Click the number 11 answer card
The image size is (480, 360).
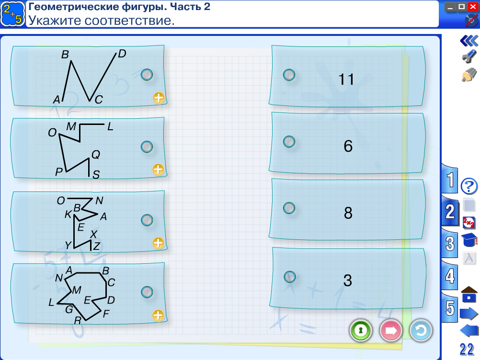click(x=347, y=77)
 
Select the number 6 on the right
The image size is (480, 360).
click(x=348, y=146)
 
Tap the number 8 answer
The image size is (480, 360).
click(x=348, y=213)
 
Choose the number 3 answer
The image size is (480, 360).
click(x=348, y=280)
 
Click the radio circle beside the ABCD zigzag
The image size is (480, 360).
click(x=147, y=75)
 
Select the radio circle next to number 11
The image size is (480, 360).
click(x=289, y=75)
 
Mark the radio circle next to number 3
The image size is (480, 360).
click(x=290, y=277)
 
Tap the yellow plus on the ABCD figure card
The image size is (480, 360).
click(x=159, y=98)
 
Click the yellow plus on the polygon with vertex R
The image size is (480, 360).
click(x=158, y=315)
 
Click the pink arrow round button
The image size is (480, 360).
click(x=391, y=331)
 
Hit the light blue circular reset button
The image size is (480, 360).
click(x=421, y=331)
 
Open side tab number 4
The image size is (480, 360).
click(x=450, y=276)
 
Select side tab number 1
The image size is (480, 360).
click(x=450, y=180)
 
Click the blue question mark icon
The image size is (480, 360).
click(x=469, y=186)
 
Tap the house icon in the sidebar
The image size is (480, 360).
click(x=469, y=294)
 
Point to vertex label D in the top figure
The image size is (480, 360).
click(x=122, y=54)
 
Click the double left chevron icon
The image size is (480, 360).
click(x=469, y=41)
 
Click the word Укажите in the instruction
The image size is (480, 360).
click(x=55, y=21)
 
